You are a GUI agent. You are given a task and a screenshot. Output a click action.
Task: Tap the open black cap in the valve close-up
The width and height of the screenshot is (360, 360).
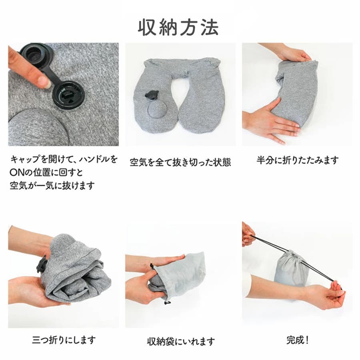(37, 54)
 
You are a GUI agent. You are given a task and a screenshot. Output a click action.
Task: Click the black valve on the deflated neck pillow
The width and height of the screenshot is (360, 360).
(152, 95)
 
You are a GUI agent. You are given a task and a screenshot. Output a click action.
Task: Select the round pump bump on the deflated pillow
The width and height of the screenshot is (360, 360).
(157, 109)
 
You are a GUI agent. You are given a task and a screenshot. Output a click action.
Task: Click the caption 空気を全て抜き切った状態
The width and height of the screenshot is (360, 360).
(180, 162)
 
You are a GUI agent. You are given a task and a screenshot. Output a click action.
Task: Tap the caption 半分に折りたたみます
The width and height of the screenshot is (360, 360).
(298, 160)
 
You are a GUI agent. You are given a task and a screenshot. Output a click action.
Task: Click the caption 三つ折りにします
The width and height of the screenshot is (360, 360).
(64, 340)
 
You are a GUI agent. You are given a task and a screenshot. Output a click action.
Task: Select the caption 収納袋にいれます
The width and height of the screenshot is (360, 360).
(181, 342)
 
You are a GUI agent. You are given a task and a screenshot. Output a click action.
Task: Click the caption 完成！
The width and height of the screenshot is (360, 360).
(298, 340)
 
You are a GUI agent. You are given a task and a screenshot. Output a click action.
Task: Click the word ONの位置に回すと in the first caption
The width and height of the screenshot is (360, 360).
(46, 172)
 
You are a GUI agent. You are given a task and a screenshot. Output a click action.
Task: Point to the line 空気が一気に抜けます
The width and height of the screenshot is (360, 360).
(52, 185)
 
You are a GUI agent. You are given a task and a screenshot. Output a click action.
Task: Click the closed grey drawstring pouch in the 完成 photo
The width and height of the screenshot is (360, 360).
(291, 269)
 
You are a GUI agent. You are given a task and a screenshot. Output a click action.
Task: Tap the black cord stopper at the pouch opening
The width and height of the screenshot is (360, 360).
(151, 266)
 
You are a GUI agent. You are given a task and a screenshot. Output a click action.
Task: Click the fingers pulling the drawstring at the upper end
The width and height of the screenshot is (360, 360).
(248, 234)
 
